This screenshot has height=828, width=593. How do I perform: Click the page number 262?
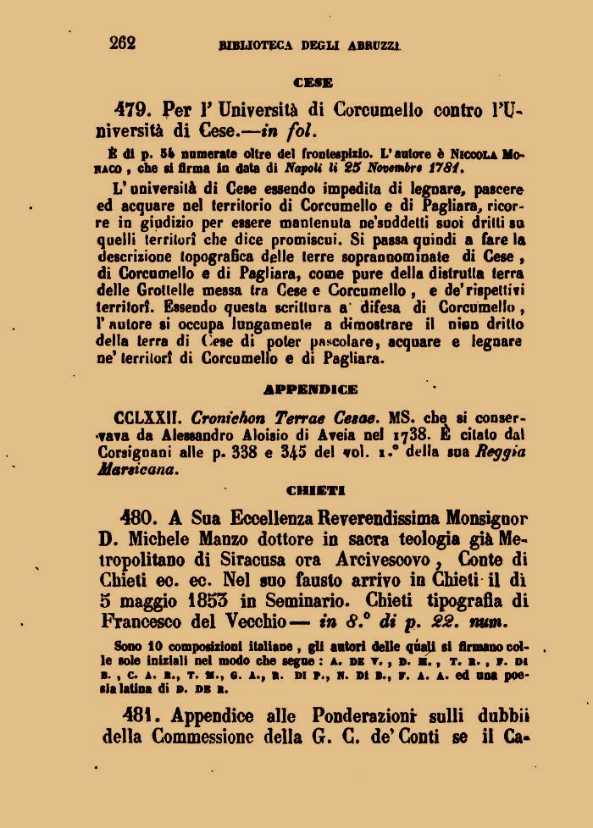tap(122, 43)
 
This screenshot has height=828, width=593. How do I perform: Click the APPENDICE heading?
tap(311, 390)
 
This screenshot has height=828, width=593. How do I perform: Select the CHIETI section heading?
tap(311, 490)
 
